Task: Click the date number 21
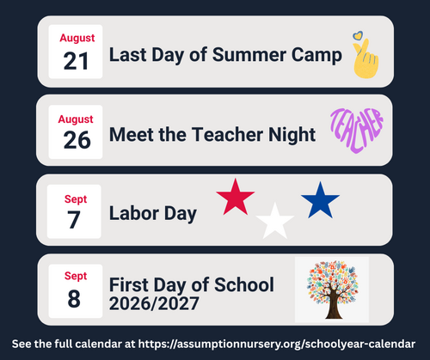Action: (76, 61)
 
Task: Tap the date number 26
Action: (77, 140)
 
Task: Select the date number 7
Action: (74, 220)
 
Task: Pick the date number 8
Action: (74, 299)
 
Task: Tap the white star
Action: (275, 222)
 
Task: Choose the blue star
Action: (320, 201)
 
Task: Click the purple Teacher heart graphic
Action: (357, 130)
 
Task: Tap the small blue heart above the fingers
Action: (358, 35)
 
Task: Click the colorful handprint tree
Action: (333, 290)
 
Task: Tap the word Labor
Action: (134, 213)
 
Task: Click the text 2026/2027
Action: (154, 303)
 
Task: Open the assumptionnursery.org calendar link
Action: (277, 344)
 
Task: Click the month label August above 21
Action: (77, 39)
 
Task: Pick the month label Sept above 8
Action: (76, 276)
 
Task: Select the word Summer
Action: (249, 55)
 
